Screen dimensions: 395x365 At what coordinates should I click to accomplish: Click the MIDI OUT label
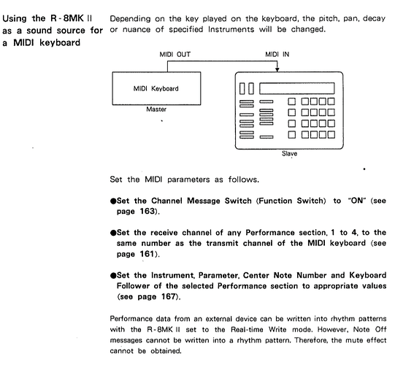point(175,55)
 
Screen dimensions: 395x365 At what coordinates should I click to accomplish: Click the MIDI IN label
point(277,55)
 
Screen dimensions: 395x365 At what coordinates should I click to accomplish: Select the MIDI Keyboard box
point(156,88)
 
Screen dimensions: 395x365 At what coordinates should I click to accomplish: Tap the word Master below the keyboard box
point(156,109)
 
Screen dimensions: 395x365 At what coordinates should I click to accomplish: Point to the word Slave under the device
point(289,153)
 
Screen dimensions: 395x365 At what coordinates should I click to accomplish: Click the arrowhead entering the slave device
point(277,70)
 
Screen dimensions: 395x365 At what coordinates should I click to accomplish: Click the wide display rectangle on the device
point(297,88)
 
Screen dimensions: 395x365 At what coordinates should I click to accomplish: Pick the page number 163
point(147,211)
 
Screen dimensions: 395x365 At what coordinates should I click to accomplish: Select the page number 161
point(147,254)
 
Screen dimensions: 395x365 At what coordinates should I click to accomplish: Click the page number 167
point(168,296)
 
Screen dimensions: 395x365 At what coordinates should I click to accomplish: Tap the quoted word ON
point(356,201)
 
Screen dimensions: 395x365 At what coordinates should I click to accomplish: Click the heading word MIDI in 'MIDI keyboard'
point(23,42)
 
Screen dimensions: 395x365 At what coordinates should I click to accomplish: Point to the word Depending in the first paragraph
point(130,19)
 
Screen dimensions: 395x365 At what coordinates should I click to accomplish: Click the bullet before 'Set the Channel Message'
point(113,201)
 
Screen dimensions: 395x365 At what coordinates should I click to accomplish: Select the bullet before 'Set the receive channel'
point(113,233)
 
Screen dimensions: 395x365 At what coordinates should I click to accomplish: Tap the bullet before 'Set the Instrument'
point(113,276)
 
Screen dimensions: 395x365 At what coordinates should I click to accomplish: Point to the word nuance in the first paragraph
point(137,30)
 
